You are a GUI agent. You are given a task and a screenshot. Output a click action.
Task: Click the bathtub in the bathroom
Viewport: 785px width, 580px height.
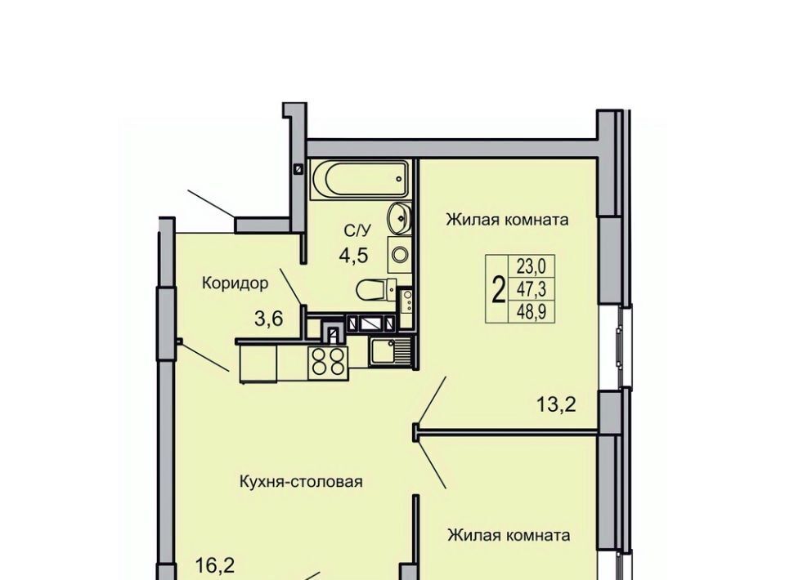(x=360, y=180)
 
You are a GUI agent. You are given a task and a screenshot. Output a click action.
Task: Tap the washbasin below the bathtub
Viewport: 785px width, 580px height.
(x=399, y=218)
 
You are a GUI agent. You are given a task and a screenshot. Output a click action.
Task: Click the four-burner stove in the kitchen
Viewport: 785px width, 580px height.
(x=329, y=362)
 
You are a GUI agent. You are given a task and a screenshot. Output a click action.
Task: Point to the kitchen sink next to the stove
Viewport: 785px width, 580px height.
(x=389, y=351)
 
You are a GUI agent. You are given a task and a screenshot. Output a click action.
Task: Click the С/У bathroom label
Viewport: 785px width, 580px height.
(x=358, y=230)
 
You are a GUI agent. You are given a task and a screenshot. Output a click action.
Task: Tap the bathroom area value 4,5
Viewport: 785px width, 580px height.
(x=353, y=256)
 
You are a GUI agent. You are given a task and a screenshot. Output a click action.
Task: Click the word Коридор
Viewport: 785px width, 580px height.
(x=235, y=283)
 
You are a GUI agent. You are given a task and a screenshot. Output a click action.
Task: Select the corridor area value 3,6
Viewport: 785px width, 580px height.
(x=269, y=318)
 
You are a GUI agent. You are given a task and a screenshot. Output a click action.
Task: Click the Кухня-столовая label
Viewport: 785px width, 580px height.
(x=302, y=482)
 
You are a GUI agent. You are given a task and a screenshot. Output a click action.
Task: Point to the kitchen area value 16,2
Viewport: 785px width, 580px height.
(x=215, y=565)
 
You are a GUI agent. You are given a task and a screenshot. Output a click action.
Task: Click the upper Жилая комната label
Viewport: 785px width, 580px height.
(x=507, y=220)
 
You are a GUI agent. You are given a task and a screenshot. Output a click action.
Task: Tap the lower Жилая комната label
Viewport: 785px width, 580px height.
(x=509, y=536)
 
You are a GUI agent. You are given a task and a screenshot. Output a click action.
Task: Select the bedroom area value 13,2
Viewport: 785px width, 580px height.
(x=556, y=404)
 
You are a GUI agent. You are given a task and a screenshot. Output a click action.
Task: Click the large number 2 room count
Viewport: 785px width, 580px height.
(x=498, y=291)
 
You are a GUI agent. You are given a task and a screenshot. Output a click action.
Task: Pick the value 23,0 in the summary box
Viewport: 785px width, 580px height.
(x=532, y=266)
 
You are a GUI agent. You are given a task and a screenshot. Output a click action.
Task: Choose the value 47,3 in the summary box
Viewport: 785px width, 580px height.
(x=532, y=288)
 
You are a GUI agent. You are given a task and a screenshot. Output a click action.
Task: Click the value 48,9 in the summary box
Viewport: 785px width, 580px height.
(x=532, y=311)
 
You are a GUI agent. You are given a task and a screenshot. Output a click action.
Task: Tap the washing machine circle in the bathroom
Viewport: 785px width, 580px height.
(x=400, y=256)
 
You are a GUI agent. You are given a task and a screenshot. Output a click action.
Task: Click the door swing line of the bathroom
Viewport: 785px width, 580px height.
(x=291, y=287)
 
